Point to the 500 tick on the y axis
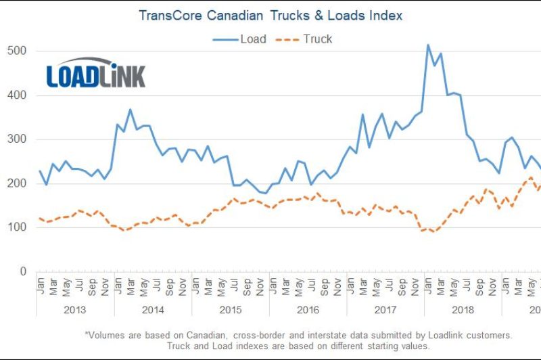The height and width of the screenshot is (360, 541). (x=18, y=51)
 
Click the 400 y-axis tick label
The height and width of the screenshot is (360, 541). (x=18, y=95)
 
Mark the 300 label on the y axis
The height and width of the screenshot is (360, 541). (x=18, y=139)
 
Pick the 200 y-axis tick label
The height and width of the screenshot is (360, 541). (x=18, y=183)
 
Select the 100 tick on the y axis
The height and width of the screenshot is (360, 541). (x=18, y=227)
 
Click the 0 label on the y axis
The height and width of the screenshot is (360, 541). (x=23, y=271)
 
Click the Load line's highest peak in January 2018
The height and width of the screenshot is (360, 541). (x=428, y=45)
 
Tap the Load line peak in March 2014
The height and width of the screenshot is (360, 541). (x=131, y=109)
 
